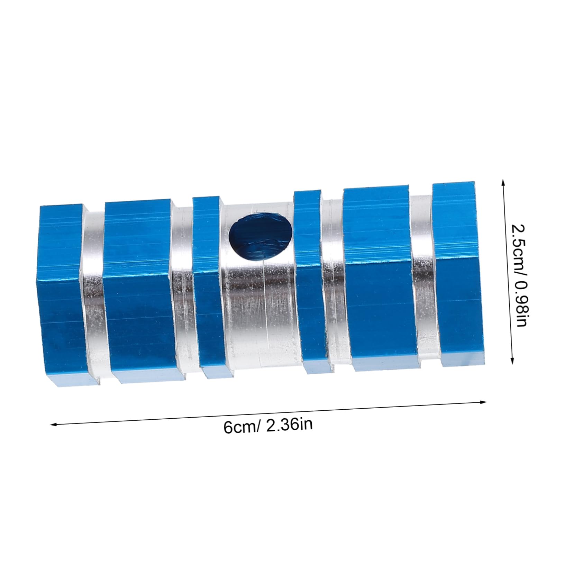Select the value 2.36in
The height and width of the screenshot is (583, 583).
point(289,424)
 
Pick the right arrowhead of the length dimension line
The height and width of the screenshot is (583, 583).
point(484,402)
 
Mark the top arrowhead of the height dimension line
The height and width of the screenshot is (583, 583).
point(502,181)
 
